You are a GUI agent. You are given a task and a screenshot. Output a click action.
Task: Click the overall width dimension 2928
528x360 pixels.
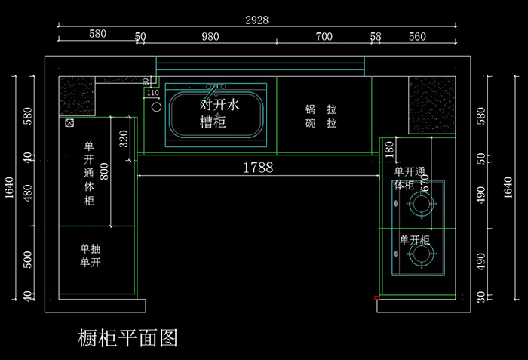[x=256, y=20]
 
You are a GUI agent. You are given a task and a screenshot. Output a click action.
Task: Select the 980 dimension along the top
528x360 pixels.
[x=210, y=36]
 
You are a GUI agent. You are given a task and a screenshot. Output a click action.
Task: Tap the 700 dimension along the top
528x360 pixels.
[x=324, y=36]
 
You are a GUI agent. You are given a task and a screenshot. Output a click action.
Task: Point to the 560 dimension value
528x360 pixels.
[x=416, y=36]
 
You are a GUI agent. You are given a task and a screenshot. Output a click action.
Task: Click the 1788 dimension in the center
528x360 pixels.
[x=257, y=168]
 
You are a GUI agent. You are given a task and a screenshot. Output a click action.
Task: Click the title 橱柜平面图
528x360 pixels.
[x=127, y=337]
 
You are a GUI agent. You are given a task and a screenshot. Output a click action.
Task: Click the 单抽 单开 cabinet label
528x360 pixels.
[x=91, y=255]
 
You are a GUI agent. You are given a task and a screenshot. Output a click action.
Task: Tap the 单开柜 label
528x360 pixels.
[x=414, y=240]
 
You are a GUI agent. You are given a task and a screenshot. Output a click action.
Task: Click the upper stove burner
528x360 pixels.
[x=419, y=202]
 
